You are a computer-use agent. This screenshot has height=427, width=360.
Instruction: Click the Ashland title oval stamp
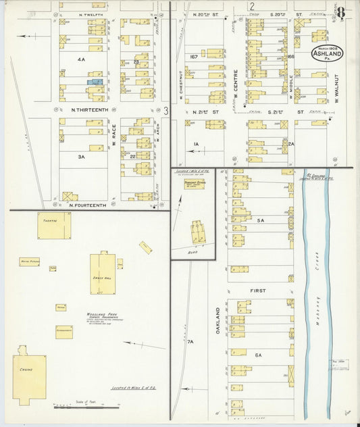(328, 53)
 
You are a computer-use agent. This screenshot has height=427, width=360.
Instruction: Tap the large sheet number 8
(342, 12)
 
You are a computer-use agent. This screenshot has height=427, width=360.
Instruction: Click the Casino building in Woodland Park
(29, 373)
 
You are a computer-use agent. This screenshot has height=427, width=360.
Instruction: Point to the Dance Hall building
(103, 273)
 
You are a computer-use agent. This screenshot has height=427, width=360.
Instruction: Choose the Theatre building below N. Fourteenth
(54, 225)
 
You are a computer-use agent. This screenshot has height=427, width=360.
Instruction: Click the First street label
(259, 291)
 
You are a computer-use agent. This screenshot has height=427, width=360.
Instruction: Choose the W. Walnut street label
(334, 88)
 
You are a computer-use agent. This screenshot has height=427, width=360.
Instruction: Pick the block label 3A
(80, 156)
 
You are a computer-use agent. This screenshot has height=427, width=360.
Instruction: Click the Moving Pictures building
(29, 261)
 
